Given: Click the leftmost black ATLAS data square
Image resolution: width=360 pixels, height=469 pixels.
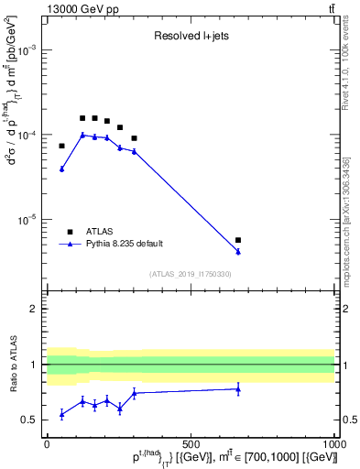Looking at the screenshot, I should click(x=62, y=146).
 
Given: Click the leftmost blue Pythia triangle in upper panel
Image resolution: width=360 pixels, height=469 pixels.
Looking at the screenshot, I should click(x=62, y=169).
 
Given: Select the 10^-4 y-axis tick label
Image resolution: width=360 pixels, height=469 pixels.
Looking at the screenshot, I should click(x=28, y=136).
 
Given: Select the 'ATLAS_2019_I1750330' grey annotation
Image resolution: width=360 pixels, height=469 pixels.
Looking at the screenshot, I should click(x=191, y=274).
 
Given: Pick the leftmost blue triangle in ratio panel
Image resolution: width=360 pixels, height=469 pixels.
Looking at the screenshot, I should click(x=62, y=414).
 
